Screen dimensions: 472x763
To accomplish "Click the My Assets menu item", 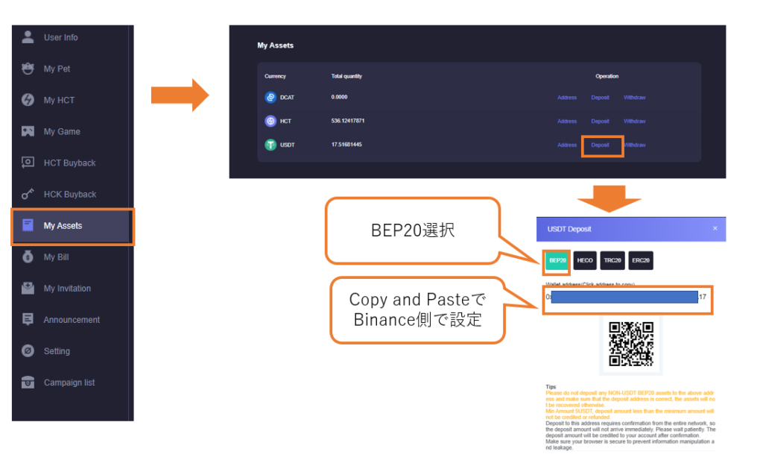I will pyautogui.click(x=63, y=226).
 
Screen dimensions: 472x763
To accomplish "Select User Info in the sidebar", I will pyautogui.click(x=60, y=37).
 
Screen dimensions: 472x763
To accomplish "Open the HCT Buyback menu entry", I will pyautogui.click(x=69, y=163).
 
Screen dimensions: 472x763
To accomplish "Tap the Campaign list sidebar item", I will pyautogui.click(x=69, y=383).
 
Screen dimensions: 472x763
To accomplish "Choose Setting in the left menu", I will pyautogui.click(x=57, y=351).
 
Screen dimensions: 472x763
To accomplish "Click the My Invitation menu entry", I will pyautogui.click(x=67, y=289).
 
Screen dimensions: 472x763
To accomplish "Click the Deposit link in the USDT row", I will pyautogui.click(x=600, y=145).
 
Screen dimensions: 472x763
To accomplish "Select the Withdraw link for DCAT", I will pyautogui.click(x=634, y=98).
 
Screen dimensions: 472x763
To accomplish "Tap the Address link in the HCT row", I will pyautogui.click(x=567, y=121).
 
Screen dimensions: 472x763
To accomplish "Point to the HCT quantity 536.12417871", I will pyautogui.click(x=348, y=121).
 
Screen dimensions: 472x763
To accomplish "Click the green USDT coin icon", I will pyautogui.click(x=270, y=145).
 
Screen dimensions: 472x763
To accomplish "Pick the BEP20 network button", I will pyautogui.click(x=557, y=260).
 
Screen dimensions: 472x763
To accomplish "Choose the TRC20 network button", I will pyautogui.click(x=612, y=260).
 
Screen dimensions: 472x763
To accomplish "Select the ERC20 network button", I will pyautogui.click(x=641, y=260).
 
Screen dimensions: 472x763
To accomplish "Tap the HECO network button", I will pyautogui.click(x=585, y=260).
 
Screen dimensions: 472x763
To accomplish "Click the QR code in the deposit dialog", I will pyautogui.click(x=631, y=343).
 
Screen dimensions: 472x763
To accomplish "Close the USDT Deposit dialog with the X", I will pyautogui.click(x=715, y=228).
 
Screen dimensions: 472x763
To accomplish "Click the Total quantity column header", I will pyautogui.click(x=346, y=76).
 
